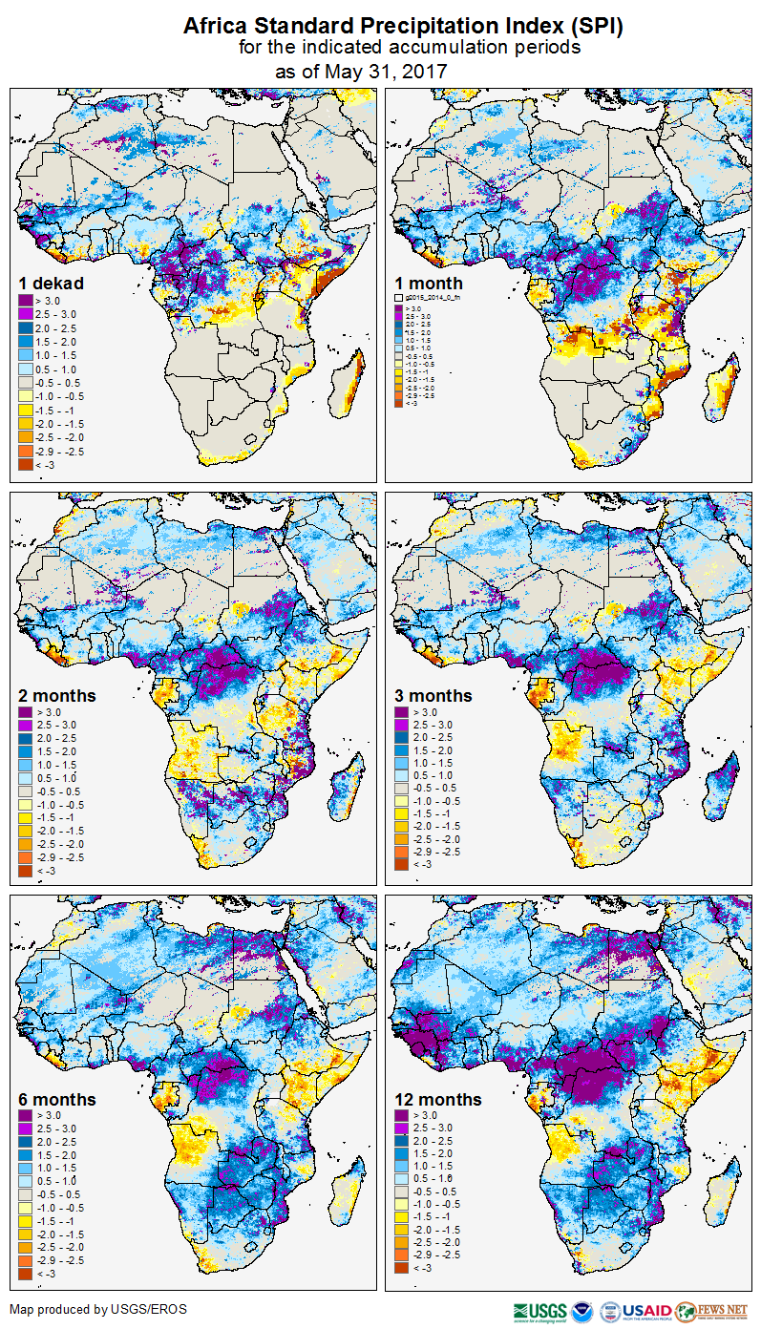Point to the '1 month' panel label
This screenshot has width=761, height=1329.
point(429,283)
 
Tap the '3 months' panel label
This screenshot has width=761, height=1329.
point(433,695)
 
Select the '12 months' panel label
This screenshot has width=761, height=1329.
point(438,1099)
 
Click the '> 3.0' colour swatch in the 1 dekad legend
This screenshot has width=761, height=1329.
point(25,299)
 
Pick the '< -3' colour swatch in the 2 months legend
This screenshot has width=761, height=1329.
point(25,871)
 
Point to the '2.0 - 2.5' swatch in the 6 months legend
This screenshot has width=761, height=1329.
point(25,1141)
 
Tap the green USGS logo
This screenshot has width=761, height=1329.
point(539,1311)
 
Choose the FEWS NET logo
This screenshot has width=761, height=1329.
point(712,1311)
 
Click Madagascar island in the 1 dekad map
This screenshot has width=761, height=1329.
point(350,377)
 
